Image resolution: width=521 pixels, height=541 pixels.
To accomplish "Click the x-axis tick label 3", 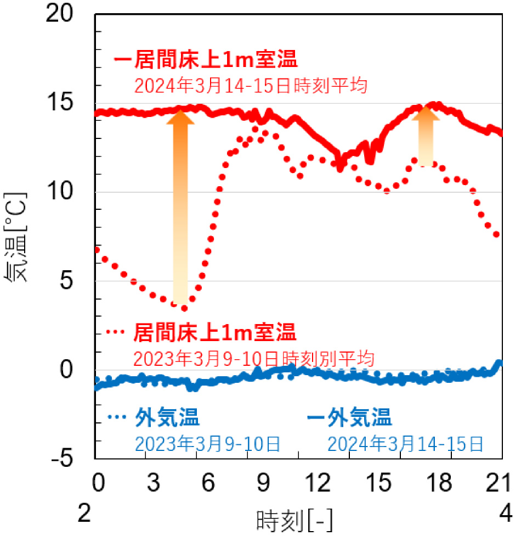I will (x=153, y=484).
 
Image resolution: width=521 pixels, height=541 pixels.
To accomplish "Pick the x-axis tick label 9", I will (x=264, y=484).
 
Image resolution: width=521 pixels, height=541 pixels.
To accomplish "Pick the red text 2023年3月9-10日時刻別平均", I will (x=253, y=359).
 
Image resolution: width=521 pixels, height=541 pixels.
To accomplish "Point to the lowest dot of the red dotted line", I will (x=184, y=308).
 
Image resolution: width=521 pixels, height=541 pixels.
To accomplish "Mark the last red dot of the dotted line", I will (x=496, y=235).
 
